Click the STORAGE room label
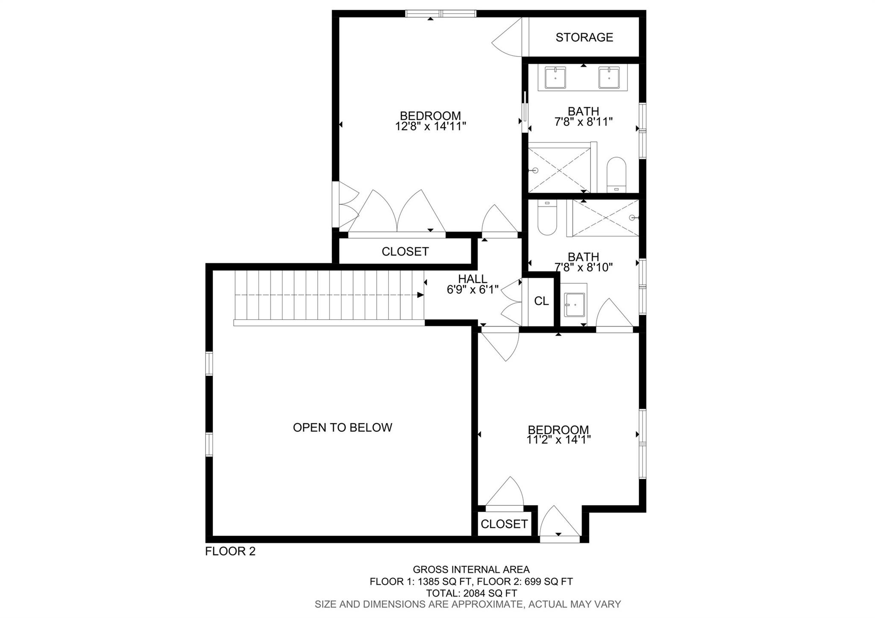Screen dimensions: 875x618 tap(584, 38)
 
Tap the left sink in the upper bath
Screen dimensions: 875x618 tap(555, 78)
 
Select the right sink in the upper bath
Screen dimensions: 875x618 tap(609, 78)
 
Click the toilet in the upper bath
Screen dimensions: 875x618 tap(616, 175)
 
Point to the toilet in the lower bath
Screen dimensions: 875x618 tap(547, 218)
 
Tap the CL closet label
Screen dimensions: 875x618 tap(541, 301)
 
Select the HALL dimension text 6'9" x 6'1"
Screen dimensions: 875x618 tap(473, 290)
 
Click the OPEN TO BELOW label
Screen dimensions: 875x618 tap(342, 427)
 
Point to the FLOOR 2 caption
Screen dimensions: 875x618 tap(230, 551)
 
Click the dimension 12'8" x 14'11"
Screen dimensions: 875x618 tap(430, 126)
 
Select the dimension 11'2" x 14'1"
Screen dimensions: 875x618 tap(558, 440)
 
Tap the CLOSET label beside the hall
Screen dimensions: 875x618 tap(405, 252)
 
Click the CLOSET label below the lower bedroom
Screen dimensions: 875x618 tap(504, 524)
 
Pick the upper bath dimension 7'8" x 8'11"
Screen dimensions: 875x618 tap(584, 122)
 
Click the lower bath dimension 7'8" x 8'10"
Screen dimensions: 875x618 tap(584, 268)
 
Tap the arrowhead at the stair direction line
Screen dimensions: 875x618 tap(420, 295)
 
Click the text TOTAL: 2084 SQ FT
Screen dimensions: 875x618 tap(471, 593)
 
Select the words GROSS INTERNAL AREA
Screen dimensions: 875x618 tap(471, 570)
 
